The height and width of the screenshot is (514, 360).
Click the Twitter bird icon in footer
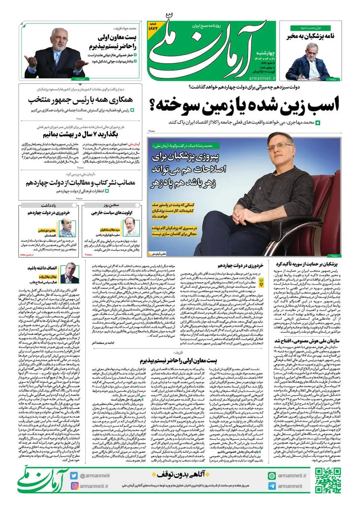(x=74, y=476)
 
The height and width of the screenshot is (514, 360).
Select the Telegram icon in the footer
(x=272, y=486)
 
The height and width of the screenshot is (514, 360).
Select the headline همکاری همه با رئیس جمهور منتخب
(x=80, y=100)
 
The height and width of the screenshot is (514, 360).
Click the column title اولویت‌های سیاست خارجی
(x=112, y=213)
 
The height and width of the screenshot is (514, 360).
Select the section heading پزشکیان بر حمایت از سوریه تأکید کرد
(x=307, y=264)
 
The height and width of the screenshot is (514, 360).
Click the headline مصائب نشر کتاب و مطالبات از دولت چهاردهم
(x=80, y=183)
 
